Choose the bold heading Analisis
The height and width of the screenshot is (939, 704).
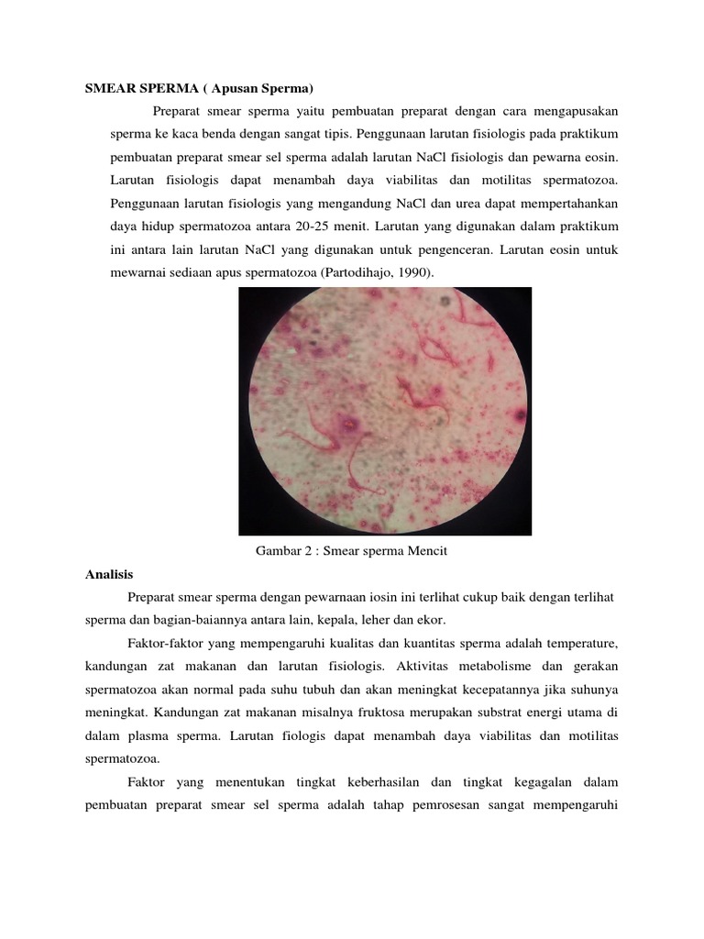[x=109, y=574]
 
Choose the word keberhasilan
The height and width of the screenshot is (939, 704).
[x=395, y=782]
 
